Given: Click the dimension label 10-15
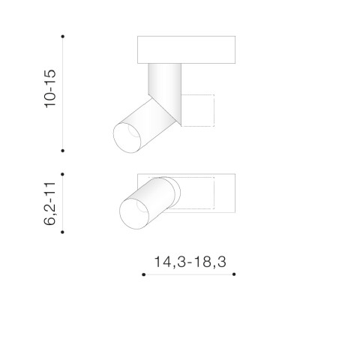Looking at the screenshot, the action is (x=50, y=88).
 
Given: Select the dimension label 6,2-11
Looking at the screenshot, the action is (x=49, y=204).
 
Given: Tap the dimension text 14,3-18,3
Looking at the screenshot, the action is (x=190, y=262).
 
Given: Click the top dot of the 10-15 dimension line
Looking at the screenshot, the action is (x=63, y=37).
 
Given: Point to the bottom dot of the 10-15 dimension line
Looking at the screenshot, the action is (x=63, y=151).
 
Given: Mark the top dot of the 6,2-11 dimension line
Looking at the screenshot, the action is (x=62, y=174).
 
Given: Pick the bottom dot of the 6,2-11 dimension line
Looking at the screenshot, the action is (x=62, y=232).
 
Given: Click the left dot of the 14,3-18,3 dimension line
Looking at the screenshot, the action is (x=143, y=274).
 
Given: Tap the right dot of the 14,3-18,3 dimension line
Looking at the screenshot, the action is (x=234, y=274).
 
